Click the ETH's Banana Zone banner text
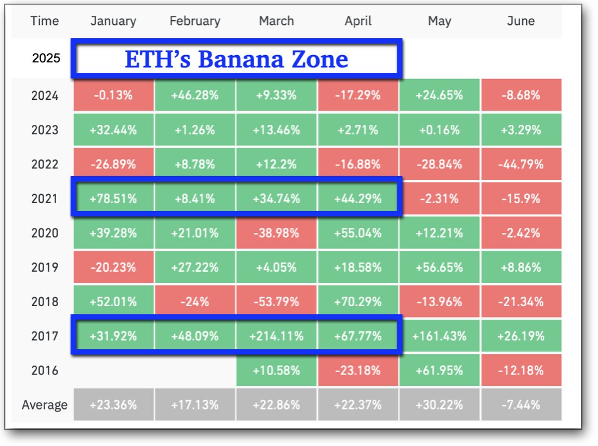pyautogui.click(x=236, y=59)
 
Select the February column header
pyautogui.click(x=195, y=21)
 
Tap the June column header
pyautogui.click(x=521, y=21)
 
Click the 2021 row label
pyautogui.click(x=45, y=199)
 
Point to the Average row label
pyautogui.click(x=45, y=404)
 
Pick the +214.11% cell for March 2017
pyautogui.click(x=277, y=336)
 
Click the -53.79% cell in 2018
pyautogui.click(x=277, y=301)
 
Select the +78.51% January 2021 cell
pyautogui.click(x=113, y=199)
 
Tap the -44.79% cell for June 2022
pyautogui.click(x=521, y=164)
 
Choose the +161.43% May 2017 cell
pyautogui.click(x=439, y=336)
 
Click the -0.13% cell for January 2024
pyautogui.click(x=113, y=96)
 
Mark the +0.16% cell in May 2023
pyautogui.click(x=439, y=130)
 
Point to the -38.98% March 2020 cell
pyautogui.click(x=277, y=233)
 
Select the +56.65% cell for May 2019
pyautogui.click(x=439, y=267)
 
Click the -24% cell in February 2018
pyautogui.click(x=195, y=301)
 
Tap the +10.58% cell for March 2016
pyautogui.click(x=277, y=370)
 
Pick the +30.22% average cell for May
pyautogui.click(x=439, y=404)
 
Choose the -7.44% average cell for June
pyautogui.click(x=521, y=404)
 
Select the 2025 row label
pyautogui.click(x=46, y=58)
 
